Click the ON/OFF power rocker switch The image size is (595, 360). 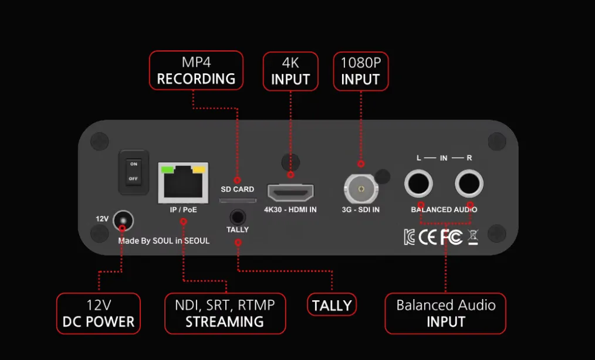click(x=133, y=171)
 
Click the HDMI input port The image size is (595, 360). click(x=290, y=192)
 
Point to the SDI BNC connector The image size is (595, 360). click(x=360, y=189)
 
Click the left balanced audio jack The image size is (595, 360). click(x=418, y=184)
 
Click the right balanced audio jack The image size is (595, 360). click(x=469, y=184)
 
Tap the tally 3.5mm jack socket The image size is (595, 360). click(x=238, y=217)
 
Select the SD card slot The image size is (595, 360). click(x=237, y=200)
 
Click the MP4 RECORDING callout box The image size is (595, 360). click(x=196, y=70)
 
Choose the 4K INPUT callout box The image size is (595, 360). click(x=290, y=71)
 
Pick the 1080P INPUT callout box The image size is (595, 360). click(x=360, y=71)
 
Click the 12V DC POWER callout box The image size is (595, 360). click(x=99, y=314)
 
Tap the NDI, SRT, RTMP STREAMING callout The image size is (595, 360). click(x=225, y=314)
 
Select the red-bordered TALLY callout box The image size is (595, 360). click(x=332, y=305)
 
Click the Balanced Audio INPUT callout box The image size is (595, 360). click(x=445, y=314)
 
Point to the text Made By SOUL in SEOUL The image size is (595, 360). click(x=164, y=241)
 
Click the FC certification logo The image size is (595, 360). click(x=451, y=237)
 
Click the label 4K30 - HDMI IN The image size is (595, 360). click(x=290, y=210)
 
